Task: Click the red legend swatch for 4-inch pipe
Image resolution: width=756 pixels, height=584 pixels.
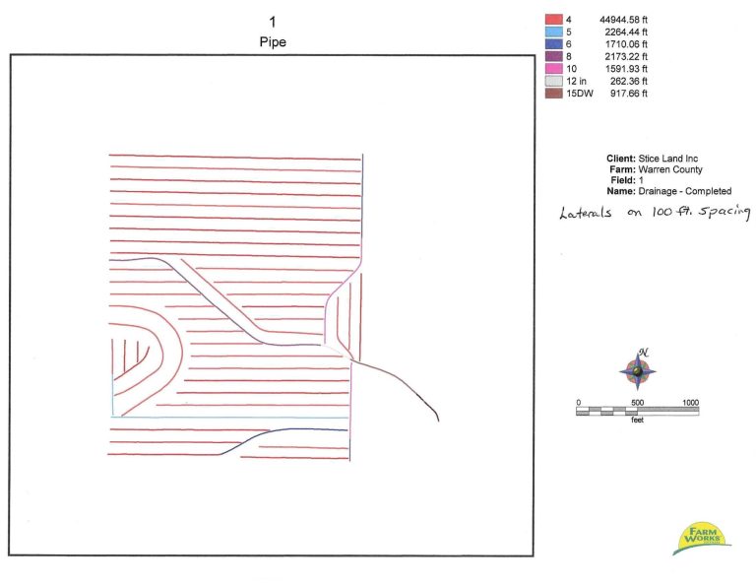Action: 554,20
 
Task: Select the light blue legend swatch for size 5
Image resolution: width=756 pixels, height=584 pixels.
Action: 554,32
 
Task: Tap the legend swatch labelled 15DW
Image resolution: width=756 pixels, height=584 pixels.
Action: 554,94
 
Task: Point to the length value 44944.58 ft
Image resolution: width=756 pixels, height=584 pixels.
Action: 623,20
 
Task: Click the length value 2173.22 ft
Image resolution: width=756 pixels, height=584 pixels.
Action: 626,56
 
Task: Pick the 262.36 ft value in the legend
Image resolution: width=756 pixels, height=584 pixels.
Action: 629,81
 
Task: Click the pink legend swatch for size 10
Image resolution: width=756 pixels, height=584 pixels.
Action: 554,69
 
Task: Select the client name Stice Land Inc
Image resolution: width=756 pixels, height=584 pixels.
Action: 667,159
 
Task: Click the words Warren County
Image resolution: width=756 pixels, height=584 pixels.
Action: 670,169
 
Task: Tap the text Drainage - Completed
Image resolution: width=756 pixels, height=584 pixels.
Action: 685,191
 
